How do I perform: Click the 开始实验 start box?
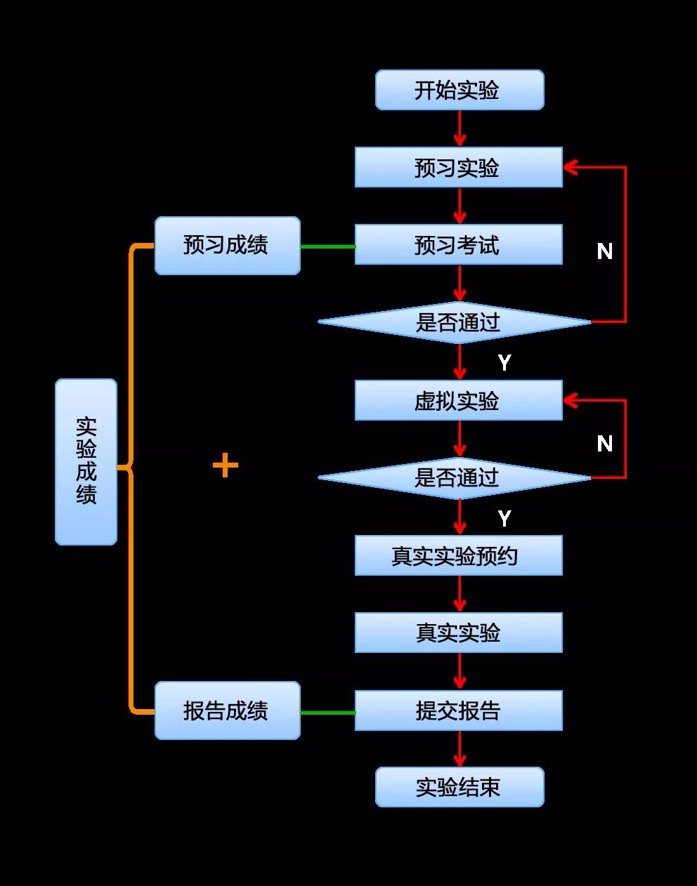tap(460, 90)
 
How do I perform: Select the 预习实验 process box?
tap(458, 167)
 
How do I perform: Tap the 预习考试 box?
tap(458, 244)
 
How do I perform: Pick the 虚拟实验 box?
tap(458, 400)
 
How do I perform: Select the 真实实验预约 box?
tap(458, 555)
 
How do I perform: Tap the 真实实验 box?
tap(458, 633)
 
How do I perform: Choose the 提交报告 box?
tap(458, 710)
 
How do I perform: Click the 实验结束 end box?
tap(460, 787)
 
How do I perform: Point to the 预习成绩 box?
tap(227, 245)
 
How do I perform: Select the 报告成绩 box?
tap(227, 710)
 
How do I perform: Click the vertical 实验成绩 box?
tap(86, 461)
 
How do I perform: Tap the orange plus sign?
tap(225, 465)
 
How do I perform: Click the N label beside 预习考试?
tap(604, 251)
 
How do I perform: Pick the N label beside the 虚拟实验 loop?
tap(604, 444)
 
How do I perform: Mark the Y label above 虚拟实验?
tap(504, 362)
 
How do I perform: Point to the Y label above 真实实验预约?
tap(504, 518)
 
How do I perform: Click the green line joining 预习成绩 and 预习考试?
tap(327, 246)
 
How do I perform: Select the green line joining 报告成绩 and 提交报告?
tap(327, 713)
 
